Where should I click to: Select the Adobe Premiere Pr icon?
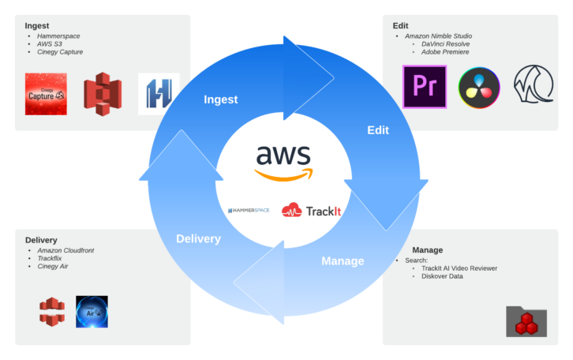point(424,87)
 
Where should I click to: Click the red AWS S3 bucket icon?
point(100,95)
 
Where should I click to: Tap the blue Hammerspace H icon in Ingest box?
point(159,95)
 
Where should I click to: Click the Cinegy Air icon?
point(92,311)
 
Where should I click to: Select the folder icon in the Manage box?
point(526,321)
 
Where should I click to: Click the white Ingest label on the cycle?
point(221,99)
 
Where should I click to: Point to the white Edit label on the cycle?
point(378,131)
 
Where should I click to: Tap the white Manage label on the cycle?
point(343,261)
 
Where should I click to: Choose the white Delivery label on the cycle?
point(198,238)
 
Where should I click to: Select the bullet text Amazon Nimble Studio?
point(439,37)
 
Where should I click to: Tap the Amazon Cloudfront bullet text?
point(66,249)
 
